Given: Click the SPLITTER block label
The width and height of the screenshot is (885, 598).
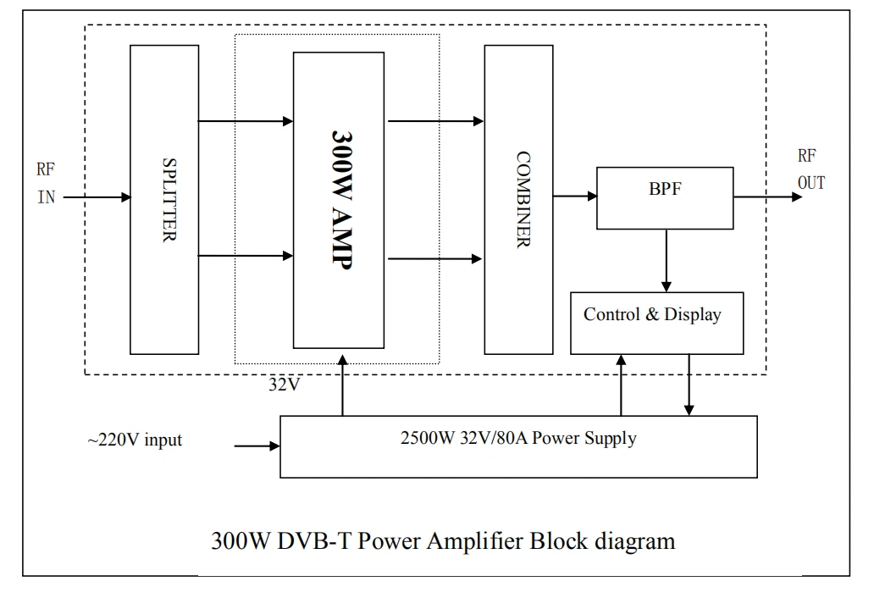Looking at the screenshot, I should coord(168,200).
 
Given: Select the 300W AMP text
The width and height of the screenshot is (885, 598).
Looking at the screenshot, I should coord(340,200).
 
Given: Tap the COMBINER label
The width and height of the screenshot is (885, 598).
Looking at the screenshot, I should coord(523,200).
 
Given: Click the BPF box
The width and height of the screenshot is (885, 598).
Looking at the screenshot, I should coord(664,197).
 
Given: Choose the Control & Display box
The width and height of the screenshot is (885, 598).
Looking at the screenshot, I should coord(656,323).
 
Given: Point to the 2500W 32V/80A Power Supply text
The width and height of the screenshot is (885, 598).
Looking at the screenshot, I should coord(518,439).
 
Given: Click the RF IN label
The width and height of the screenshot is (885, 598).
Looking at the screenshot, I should coord(46,184).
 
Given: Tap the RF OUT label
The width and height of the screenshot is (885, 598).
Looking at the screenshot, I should coord(810,169).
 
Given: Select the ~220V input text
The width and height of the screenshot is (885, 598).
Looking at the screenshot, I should coord(135,440).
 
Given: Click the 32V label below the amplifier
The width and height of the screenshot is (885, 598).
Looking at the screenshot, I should coord(285,384).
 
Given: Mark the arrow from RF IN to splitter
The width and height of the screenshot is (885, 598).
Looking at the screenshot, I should coord(97,197).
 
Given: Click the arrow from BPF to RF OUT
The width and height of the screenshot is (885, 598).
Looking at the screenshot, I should coord(767,197).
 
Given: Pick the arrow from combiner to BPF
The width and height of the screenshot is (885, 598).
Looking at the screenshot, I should coord(575,197).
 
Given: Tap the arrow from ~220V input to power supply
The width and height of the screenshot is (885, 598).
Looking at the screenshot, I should coord(257,444).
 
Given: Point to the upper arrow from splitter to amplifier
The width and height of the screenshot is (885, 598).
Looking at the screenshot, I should coord(245,121).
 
